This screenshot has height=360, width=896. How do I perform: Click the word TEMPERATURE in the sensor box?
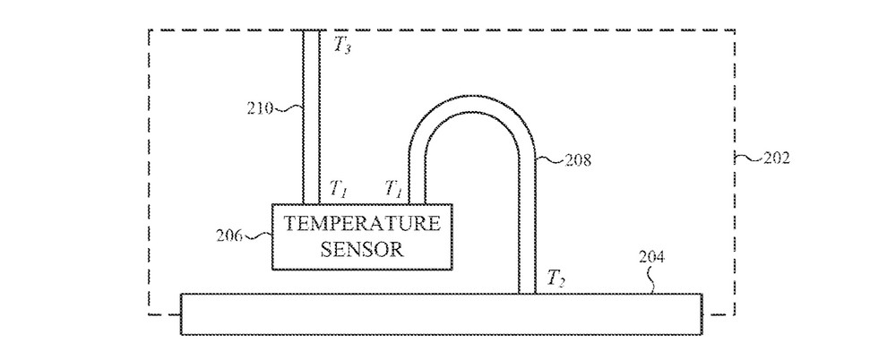pyautogui.click(x=362, y=223)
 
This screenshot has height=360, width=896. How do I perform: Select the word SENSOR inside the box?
pyautogui.click(x=362, y=248)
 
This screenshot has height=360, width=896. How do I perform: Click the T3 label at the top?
pyautogui.click(x=341, y=47)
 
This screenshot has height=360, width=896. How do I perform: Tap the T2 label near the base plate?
pyautogui.click(x=556, y=281)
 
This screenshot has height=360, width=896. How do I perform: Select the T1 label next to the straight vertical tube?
pyautogui.click(x=339, y=188)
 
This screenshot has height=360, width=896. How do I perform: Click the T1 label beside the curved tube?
pyautogui.click(x=392, y=188)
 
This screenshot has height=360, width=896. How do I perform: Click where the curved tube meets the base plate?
pyautogui.click(x=527, y=291)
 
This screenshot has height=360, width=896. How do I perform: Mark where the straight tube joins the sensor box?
pyautogui.click(x=311, y=202)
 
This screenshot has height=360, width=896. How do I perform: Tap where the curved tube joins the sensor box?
pyautogui.click(x=418, y=202)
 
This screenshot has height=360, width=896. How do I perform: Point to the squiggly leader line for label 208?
pyautogui.click(x=551, y=159)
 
